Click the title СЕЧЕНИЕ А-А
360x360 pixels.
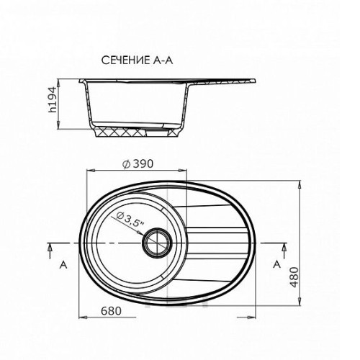point(137,60)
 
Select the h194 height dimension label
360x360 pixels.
point(52,100)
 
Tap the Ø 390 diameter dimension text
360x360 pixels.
point(138,164)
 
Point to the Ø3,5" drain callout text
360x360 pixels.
point(130,220)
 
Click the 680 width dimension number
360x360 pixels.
point(111,311)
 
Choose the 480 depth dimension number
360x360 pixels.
point(294,277)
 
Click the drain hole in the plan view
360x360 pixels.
point(157,243)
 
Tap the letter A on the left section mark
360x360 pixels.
point(63,265)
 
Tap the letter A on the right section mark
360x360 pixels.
point(277,264)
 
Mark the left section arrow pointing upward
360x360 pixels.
point(50,251)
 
